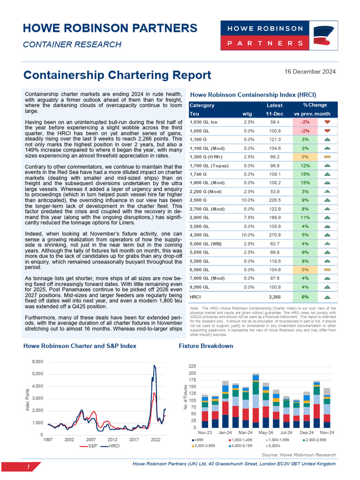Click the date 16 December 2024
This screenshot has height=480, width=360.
pos(310,72)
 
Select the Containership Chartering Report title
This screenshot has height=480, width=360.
pos(117,75)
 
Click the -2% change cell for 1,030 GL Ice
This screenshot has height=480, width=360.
pos(305,122)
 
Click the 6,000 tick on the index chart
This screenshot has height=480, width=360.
pos(37,361)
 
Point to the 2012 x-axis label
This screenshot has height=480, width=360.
pos(112,440)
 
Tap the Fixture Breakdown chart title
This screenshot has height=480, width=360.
pos(206,346)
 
